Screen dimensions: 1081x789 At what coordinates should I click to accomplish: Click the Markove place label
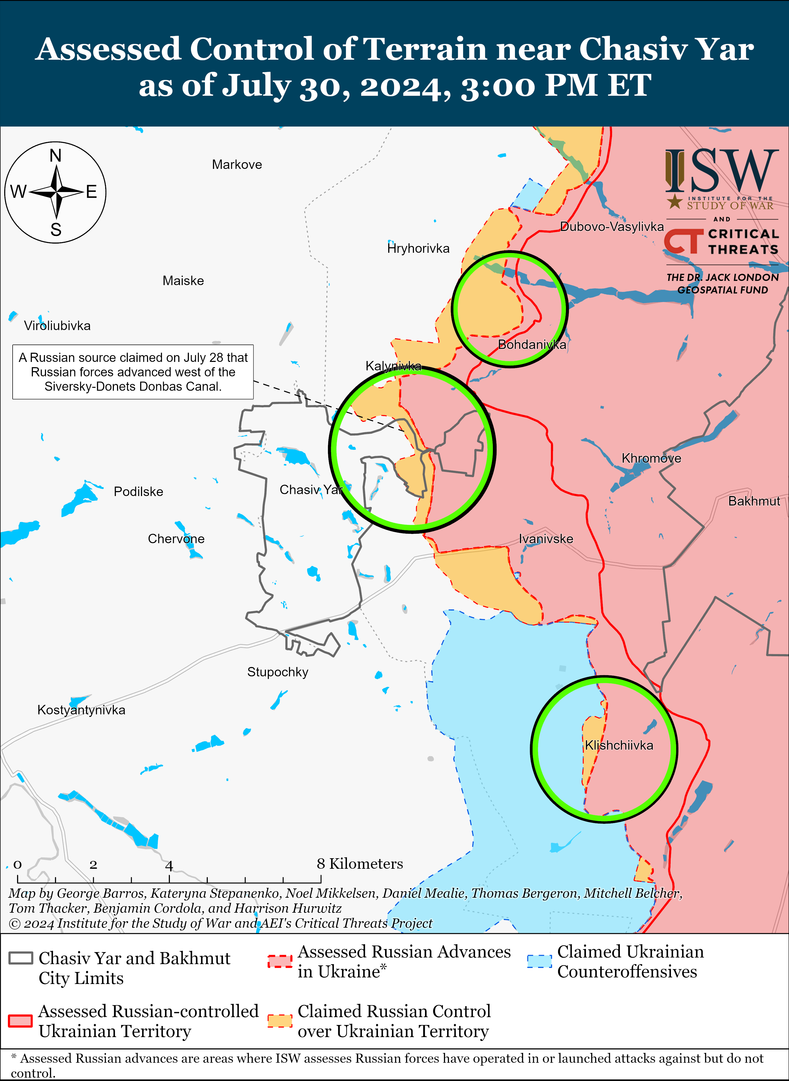(x=237, y=165)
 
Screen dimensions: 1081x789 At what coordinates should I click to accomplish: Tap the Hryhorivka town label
(x=418, y=248)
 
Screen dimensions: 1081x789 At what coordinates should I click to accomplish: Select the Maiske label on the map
(x=183, y=281)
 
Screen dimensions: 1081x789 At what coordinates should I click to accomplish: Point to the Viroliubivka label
(x=57, y=326)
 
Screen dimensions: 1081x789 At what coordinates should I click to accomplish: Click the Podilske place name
(x=139, y=492)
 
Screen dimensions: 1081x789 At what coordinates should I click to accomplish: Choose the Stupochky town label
(x=277, y=672)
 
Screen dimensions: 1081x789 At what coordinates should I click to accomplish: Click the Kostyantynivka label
(x=81, y=710)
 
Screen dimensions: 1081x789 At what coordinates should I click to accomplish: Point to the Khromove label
(x=651, y=459)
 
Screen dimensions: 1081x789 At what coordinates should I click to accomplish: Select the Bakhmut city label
(x=754, y=501)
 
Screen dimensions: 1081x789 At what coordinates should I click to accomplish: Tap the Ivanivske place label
(x=546, y=539)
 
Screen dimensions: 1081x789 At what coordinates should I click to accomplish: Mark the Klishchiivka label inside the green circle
(x=619, y=745)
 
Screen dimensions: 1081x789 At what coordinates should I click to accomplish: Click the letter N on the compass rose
(x=55, y=156)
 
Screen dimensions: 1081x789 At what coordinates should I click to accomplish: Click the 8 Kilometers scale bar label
(x=360, y=864)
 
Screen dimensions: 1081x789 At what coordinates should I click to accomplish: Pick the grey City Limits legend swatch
(x=21, y=958)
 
